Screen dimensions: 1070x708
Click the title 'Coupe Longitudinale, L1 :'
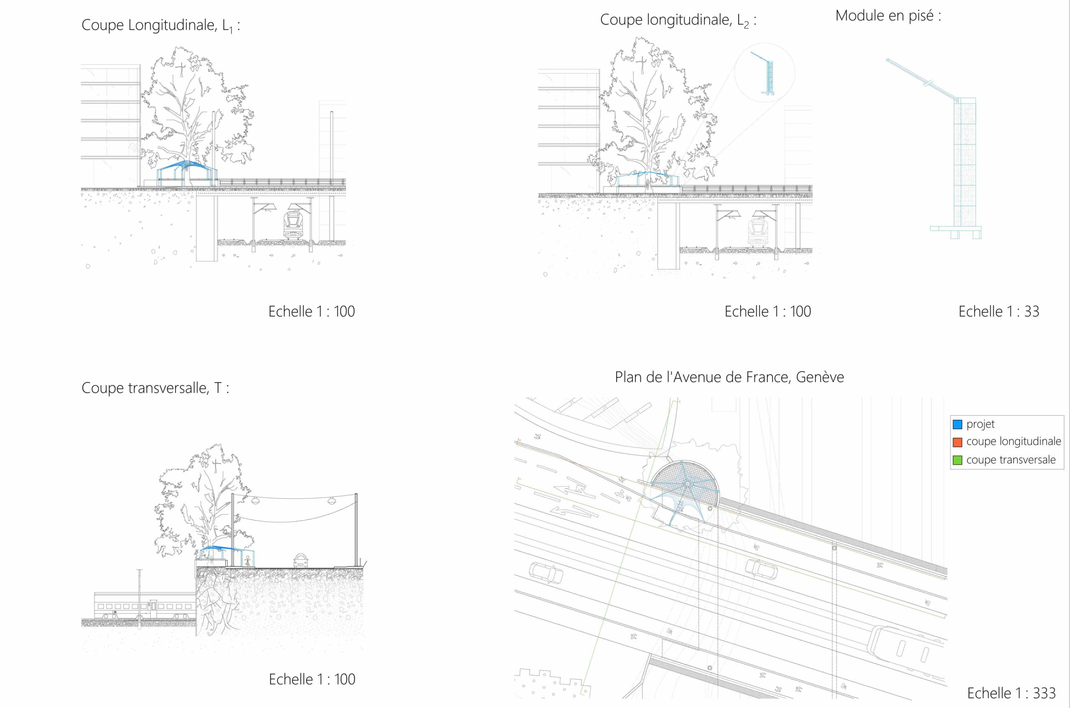pyautogui.click(x=160, y=25)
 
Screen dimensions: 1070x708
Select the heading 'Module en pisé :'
pyautogui.click(x=888, y=16)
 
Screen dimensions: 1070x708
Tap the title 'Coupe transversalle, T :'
pyautogui.click(x=155, y=388)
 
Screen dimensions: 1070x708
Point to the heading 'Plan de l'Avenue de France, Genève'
pyautogui.click(x=729, y=377)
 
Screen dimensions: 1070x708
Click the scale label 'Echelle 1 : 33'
pyautogui.click(x=999, y=311)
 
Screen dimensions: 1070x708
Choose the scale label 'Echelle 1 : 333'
pyautogui.click(x=1011, y=693)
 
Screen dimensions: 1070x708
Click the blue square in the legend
pyautogui.click(x=958, y=424)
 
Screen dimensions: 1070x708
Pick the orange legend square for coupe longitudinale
pyautogui.click(x=958, y=442)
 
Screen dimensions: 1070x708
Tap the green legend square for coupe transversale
pyautogui.click(x=958, y=460)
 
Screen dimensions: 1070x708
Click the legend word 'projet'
pyautogui.click(x=981, y=424)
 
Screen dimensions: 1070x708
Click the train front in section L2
pyautogui.click(x=757, y=232)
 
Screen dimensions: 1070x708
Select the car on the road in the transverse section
pyautogui.click(x=301, y=561)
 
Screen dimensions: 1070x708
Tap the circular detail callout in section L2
pyautogui.click(x=764, y=72)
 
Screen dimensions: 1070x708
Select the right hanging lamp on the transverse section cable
pyautogui.click(x=332, y=500)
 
